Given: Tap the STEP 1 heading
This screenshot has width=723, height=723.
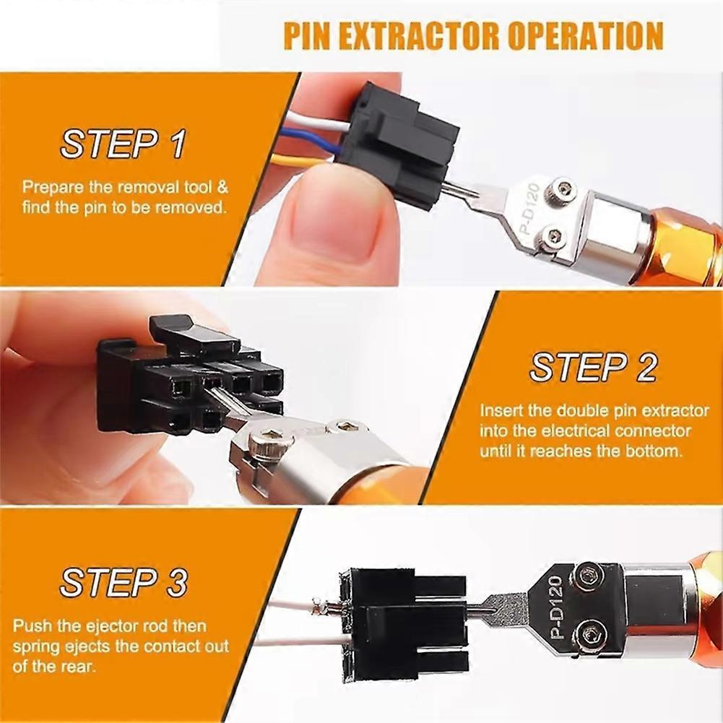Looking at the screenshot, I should pos(123,144).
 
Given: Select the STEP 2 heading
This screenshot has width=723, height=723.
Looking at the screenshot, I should pos(593,368).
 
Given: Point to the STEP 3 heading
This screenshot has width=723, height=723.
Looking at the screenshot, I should pos(124,582).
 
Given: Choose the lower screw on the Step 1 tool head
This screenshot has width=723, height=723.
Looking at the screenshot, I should pos(555,235).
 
